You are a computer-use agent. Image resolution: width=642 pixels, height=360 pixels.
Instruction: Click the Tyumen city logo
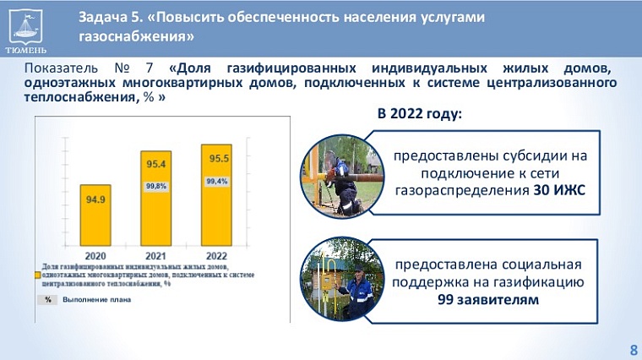click(x=26, y=27)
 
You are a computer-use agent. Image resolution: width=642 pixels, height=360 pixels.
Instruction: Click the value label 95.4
click(x=155, y=163)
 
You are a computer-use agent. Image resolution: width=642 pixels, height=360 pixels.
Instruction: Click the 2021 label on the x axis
click(x=155, y=254)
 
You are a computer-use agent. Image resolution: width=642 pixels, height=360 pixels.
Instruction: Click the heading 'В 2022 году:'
click(x=419, y=114)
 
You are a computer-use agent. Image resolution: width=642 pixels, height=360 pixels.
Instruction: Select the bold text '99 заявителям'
click(x=487, y=299)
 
